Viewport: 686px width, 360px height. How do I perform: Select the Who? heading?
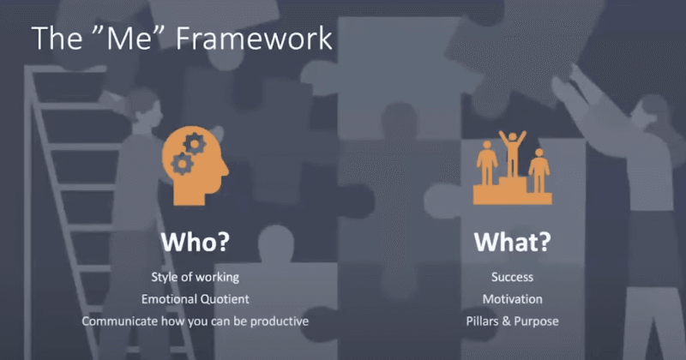[196, 242]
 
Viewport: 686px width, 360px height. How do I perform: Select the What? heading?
[512, 242]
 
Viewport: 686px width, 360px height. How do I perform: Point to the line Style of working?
[196, 277]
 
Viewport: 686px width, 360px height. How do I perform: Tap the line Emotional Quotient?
[196, 299]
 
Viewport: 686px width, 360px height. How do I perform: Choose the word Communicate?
[120, 321]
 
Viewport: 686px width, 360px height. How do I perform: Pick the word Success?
[512, 277]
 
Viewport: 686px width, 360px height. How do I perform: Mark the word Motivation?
[512, 299]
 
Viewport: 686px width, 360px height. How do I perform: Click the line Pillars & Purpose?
[512, 321]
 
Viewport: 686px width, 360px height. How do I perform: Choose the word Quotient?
[226, 299]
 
